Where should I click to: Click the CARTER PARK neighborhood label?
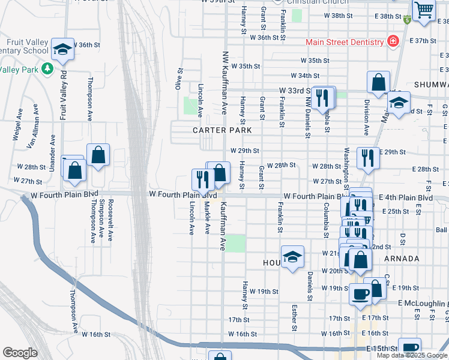[x=217, y=130]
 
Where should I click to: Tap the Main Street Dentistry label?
[x=345, y=42]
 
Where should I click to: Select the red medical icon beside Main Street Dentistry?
[x=393, y=41]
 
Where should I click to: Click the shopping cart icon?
[x=424, y=10]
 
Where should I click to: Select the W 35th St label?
[x=246, y=66]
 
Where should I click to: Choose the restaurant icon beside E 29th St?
[x=368, y=158]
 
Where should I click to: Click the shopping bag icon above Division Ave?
[x=379, y=82]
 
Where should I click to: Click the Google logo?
[x=20, y=353]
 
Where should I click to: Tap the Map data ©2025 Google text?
[x=412, y=355]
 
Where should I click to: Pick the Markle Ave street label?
[x=207, y=217]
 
